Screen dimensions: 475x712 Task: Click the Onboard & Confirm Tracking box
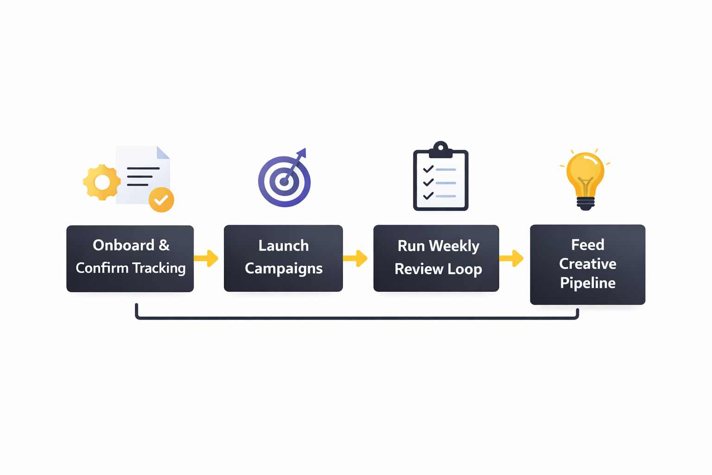click(130, 258)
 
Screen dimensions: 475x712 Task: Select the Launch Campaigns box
click(283, 258)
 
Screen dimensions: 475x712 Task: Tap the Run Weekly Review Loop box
click(436, 258)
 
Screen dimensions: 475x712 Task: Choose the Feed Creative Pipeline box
click(587, 264)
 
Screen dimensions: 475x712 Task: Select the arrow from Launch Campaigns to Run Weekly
click(356, 258)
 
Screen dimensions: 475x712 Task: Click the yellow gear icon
click(102, 182)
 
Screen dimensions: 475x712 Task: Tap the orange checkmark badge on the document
click(161, 200)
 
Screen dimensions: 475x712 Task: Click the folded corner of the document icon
click(163, 153)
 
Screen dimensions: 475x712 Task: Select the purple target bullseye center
click(284, 182)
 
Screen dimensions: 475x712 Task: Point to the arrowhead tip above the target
click(303, 151)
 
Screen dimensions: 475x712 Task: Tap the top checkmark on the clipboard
click(428, 169)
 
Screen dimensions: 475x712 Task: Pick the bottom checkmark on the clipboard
click(428, 196)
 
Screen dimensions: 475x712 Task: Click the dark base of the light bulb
click(585, 203)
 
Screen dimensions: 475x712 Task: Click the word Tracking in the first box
click(159, 268)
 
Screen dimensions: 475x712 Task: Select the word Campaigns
click(283, 269)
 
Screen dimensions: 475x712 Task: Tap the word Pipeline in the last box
click(587, 283)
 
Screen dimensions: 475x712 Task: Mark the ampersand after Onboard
click(164, 245)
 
